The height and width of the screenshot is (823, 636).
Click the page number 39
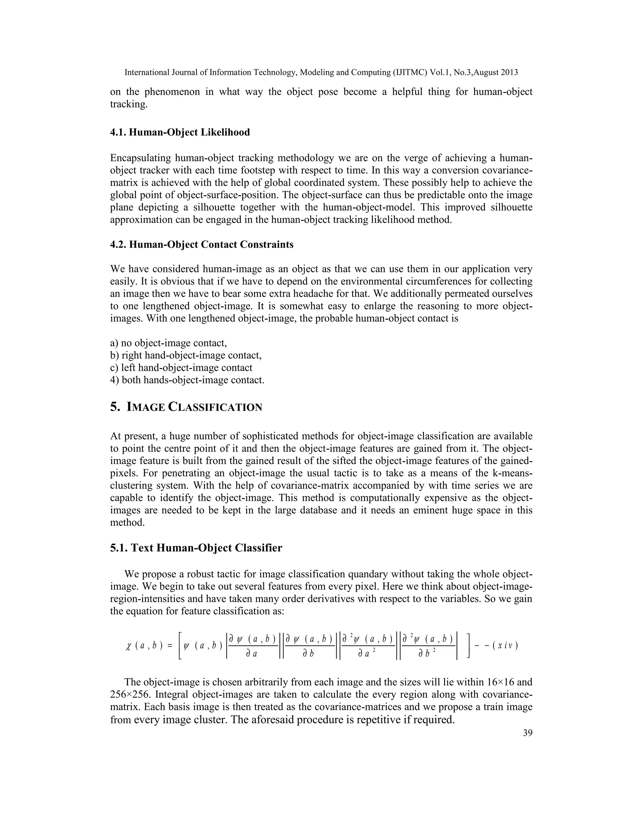pos(528,733)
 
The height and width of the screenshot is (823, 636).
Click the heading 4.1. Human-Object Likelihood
pos(180,132)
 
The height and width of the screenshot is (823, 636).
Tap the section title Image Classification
pos(186,407)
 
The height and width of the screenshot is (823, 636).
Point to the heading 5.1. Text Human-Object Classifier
pos(196,548)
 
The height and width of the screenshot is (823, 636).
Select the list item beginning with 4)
pos(187,380)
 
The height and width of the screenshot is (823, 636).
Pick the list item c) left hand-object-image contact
pos(181,367)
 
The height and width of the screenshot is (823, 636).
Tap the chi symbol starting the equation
pos(129,646)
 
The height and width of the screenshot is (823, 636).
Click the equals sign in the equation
pos(170,646)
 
